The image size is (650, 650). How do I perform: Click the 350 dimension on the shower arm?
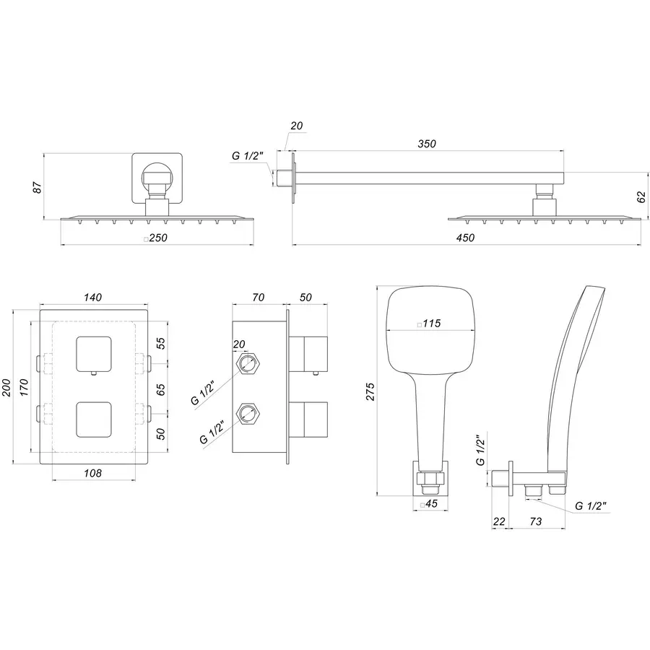point(427,144)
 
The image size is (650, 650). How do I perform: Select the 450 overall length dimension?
point(466,239)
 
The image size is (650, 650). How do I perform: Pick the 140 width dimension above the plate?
point(92,298)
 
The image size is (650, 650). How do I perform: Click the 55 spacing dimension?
point(161,344)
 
